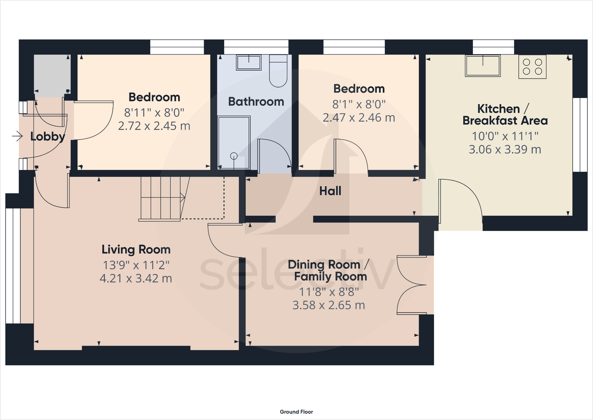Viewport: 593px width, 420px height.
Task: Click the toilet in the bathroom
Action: (x=278, y=72)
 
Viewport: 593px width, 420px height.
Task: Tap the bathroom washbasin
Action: (x=249, y=63)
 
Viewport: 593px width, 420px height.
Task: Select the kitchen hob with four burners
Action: (x=532, y=67)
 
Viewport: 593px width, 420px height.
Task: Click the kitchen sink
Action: (x=482, y=66)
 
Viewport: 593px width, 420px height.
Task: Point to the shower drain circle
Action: (x=234, y=156)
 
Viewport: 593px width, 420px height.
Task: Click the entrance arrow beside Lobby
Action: (x=17, y=136)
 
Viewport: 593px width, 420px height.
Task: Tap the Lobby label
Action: (x=47, y=136)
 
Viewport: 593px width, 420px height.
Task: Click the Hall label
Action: (x=330, y=191)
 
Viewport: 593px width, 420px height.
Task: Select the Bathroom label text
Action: (x=256, y=102)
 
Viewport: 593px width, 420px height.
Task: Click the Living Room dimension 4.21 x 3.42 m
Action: (x=136, y=278)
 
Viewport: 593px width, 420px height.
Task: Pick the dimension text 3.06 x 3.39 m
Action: (x=505, y=149)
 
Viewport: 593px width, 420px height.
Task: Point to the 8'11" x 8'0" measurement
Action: (x=154, y=112)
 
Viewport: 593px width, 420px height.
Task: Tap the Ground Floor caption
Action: (x=296, y=412)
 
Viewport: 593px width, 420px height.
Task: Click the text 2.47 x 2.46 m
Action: (x=359, y=117)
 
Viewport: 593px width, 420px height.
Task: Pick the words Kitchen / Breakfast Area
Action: (x=505, y=115)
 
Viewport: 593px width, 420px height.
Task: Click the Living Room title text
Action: (x=136, y=249)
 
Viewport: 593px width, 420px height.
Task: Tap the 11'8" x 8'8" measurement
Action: (x=329, y=292)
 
